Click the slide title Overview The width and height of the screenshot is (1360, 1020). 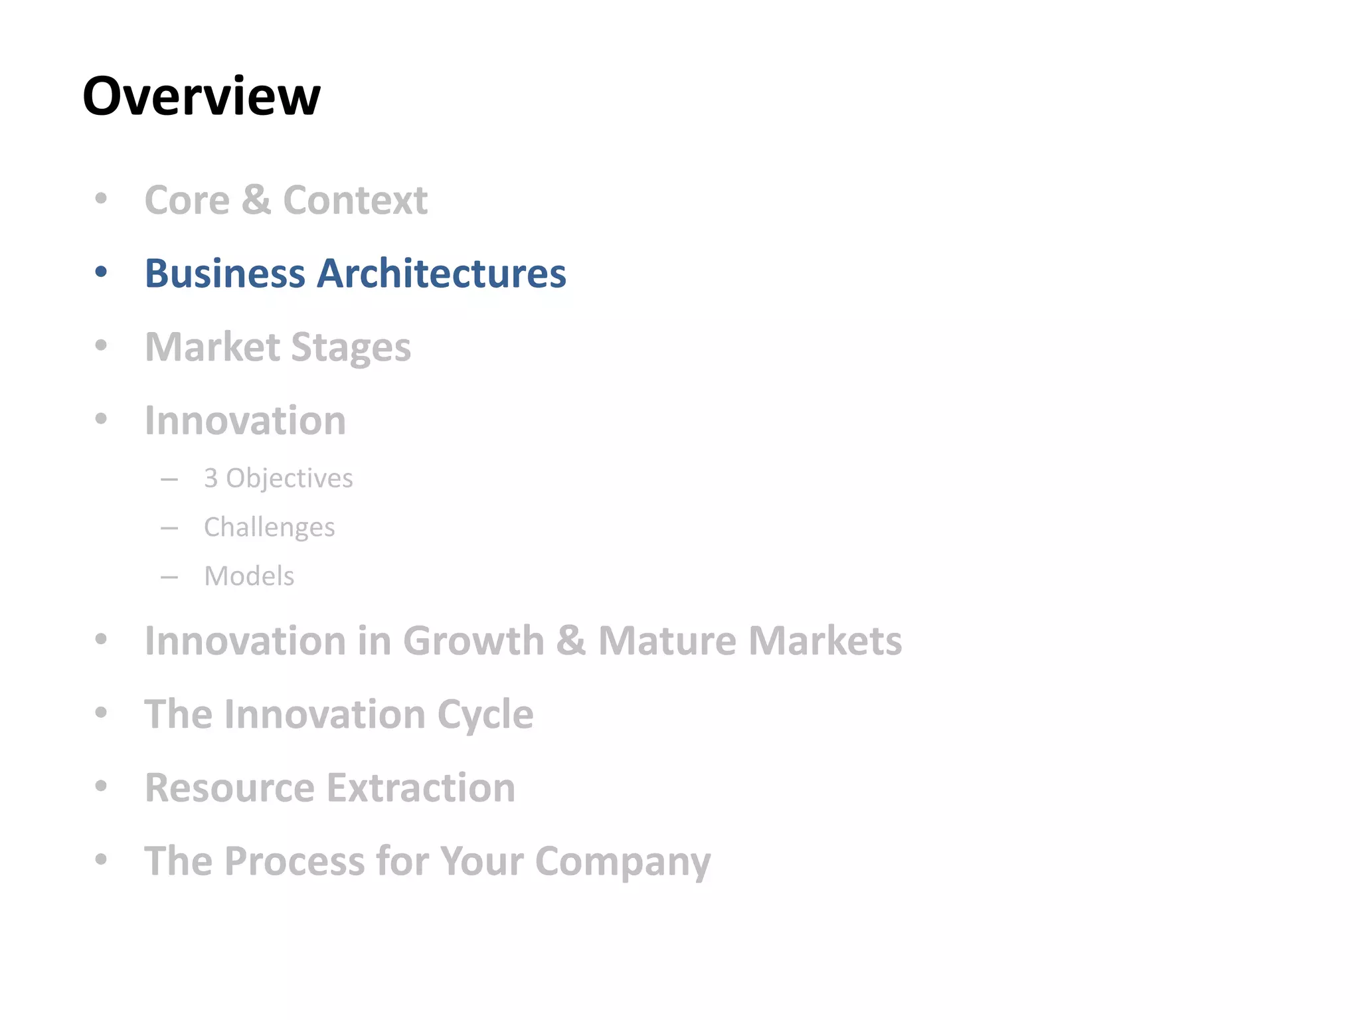click(x=201, y=96)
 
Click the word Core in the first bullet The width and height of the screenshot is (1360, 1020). click(x=187, y=200)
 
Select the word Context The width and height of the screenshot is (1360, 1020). click(x=355, y=200)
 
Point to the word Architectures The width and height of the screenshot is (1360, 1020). click(x=442, y=274)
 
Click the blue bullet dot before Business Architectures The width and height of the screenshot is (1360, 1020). click(x=101, y=272)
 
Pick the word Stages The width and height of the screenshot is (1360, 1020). click(x=351, y=348)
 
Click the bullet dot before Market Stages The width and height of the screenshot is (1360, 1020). click(x=101, y=345)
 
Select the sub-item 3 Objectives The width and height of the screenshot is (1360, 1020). click(x=278, y=479)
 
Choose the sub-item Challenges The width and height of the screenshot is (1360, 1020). click(x=269, y=528)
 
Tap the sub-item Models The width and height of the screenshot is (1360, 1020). click(x=249, y=576)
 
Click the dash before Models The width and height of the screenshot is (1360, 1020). click(x=169, y=577)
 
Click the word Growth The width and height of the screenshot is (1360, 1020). click(x=473, y=641)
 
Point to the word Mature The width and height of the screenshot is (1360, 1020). click(x=667, y=641)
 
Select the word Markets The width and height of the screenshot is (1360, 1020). click(x=825, y=641)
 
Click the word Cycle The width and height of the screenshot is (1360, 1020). click(x=485, y=715)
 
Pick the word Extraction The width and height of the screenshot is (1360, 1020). click(x=421, y=788)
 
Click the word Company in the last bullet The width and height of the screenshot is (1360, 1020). click(x=623, y=863)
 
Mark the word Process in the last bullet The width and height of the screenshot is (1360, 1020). click(x=295, y=861)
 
